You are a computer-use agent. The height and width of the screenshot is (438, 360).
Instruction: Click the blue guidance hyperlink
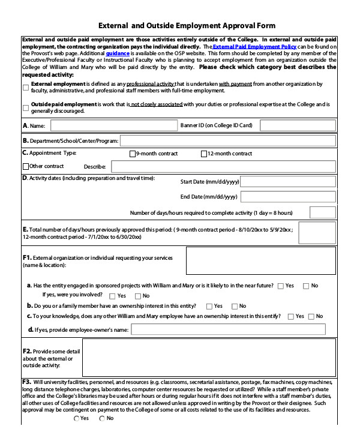[x=117, y=53]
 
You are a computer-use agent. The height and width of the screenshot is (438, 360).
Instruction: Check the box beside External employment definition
[x=25, y=88]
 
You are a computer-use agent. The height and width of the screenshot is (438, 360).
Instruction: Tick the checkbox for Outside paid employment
[x=25, y=108]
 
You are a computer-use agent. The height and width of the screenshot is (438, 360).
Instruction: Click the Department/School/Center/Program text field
[x=227, y=141]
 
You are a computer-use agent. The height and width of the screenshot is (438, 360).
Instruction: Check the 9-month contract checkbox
[x=133, y=154]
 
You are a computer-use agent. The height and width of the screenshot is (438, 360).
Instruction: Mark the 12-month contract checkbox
[x=204, y=154]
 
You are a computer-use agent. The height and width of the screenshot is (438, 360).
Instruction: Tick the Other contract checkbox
[x=25, y=166]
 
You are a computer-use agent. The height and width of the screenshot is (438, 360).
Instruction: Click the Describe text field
[x=221, y=166]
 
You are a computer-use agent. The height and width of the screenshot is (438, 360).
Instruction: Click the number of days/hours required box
[x=322, y=213]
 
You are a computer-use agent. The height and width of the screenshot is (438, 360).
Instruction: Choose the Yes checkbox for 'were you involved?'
[x=113, y=296]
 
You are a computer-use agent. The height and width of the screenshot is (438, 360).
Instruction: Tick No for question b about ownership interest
[x=235, y=306]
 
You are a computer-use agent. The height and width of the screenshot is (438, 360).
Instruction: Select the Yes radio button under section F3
[x=76, y=418]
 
